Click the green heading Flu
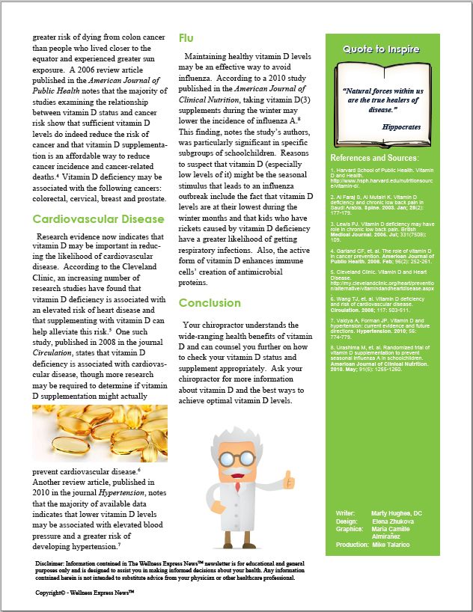pyautogui.click(x=187, y=37)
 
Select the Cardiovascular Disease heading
pyautogui.click(x=98, y=219)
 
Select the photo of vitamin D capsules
pyautogui.click(x=100, y=433)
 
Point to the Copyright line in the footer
pyautogui.click(x=85, y=592)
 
